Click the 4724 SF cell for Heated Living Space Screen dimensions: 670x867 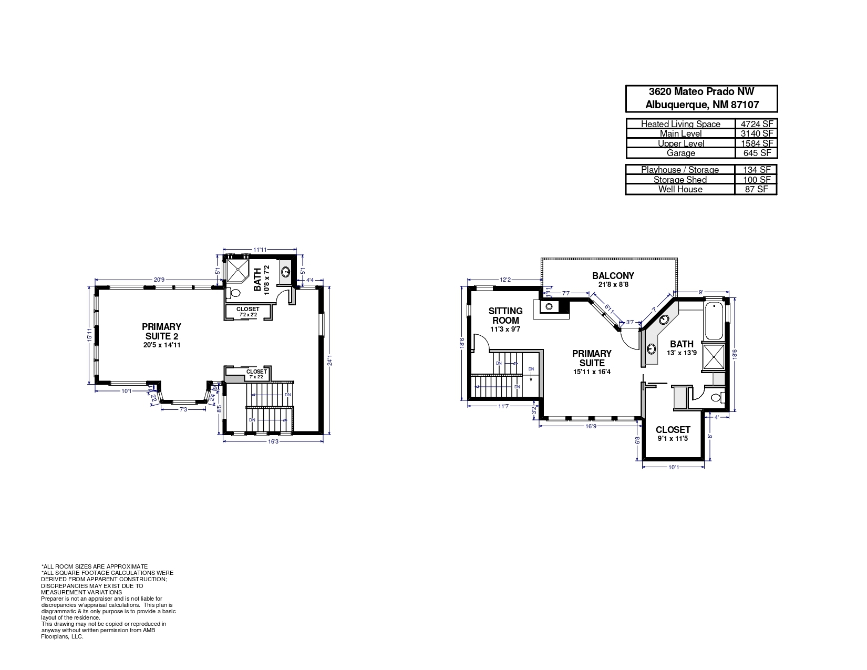coord(757,124)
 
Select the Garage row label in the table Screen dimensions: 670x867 coord(680,153)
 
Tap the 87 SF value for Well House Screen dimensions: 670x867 coord(757,189)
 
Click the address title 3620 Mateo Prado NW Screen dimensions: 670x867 coord(701,92)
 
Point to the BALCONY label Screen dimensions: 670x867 coord(613,275)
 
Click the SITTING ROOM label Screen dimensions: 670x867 coord(505,316)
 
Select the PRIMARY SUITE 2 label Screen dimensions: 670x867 coord(161,331)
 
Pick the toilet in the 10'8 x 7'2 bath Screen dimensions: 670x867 coord(235,293)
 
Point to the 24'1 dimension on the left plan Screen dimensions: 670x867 coord(329,362)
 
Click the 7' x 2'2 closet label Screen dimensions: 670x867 coord(256,377)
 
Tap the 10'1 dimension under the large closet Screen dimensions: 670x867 coord(674,467)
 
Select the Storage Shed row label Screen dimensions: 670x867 coord(680,180)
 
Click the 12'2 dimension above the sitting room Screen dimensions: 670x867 coord(505,280)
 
